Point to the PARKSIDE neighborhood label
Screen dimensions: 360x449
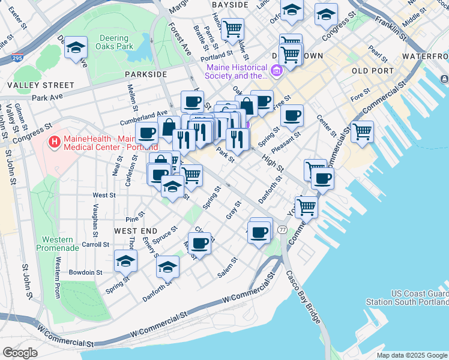pyautogui.click(x=146, y=74)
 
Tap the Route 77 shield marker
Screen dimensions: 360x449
pyautogui.click(x=282, y=230)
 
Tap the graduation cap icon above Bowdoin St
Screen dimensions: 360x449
pyautogui.click(x=126, y=260)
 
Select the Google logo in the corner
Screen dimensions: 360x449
pyautogui.click(x=20, y=353)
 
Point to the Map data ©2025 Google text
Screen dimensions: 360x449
pyautogui.click(x=411, y=355)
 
